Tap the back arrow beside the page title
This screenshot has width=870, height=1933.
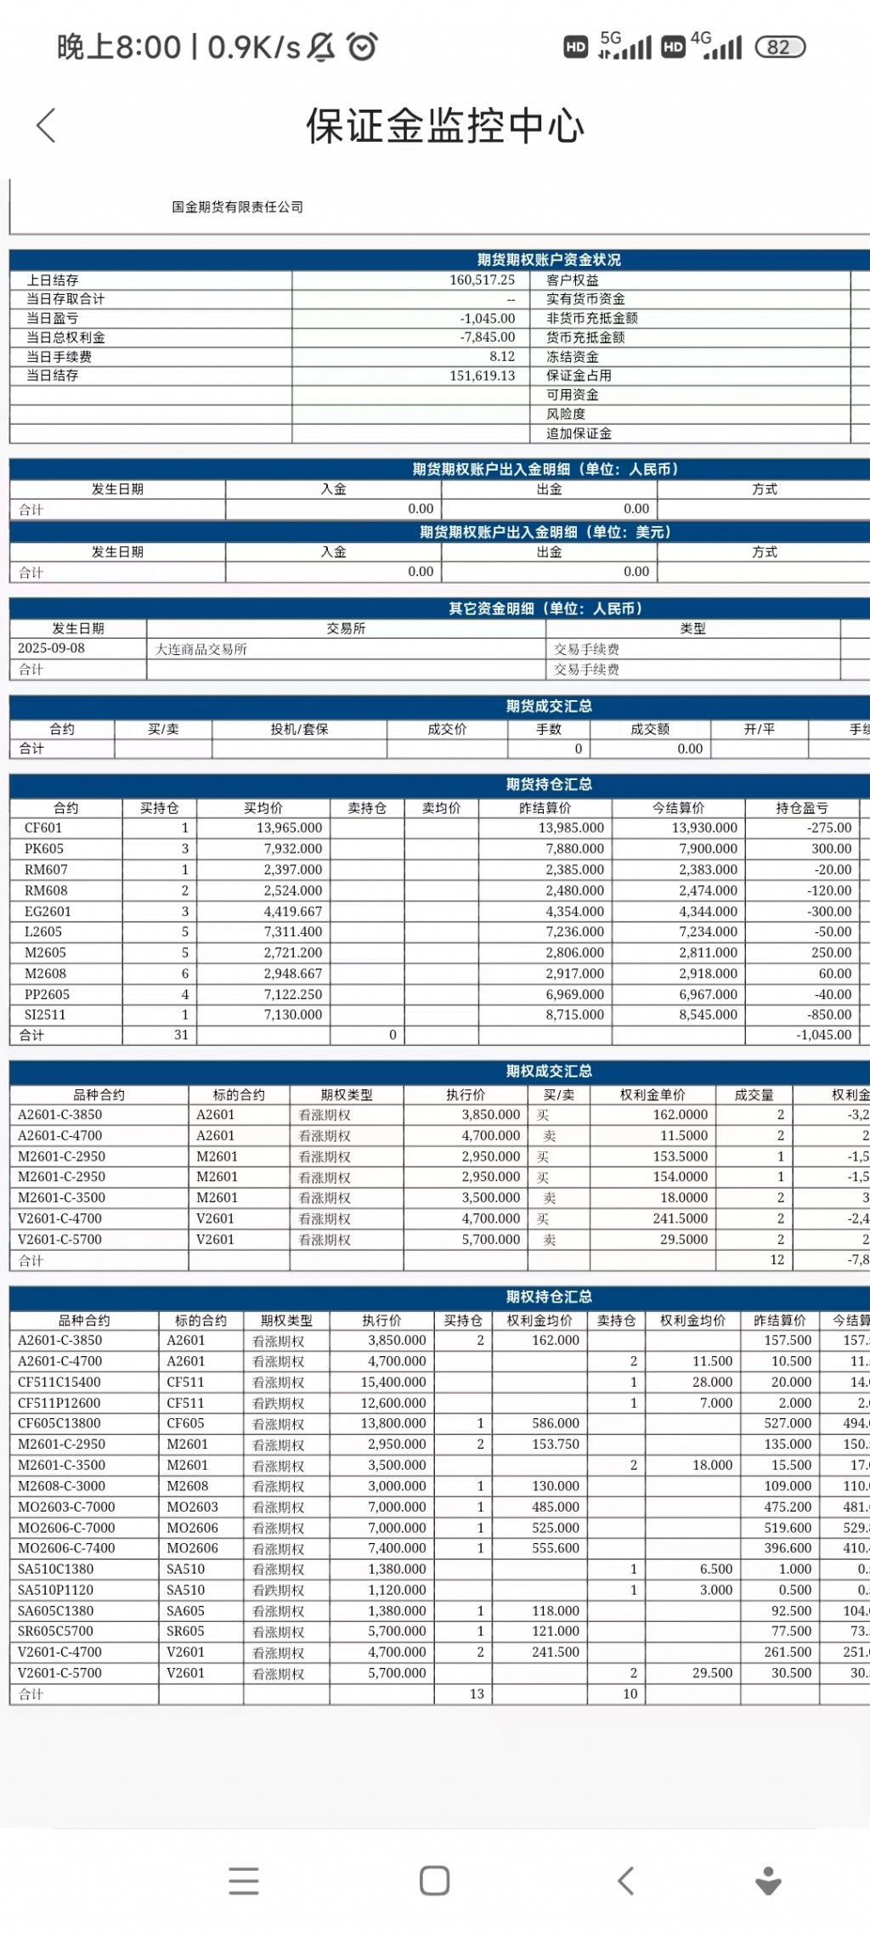click(47, 126)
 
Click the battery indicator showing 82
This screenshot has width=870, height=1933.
click(779, 47)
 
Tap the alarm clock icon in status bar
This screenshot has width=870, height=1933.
click(362, 46)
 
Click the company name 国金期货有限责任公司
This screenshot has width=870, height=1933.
click(237, 207)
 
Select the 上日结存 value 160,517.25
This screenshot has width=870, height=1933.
click(482, 280)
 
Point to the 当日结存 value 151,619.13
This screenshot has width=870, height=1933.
click(482, 376)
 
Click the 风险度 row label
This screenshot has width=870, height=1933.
click(566, 414)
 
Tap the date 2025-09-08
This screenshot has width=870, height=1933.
click(51, 648)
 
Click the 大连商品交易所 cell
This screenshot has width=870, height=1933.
click(201, 649)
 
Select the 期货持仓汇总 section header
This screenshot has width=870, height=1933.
click(549, 784)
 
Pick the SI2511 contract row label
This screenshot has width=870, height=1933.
click(45, 1015)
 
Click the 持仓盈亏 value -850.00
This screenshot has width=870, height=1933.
click(831, 1015)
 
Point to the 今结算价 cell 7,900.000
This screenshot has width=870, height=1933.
click(708, 849)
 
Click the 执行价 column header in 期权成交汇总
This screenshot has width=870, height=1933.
click(466, 1094)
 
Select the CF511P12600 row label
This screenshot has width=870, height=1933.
click(59, 1403)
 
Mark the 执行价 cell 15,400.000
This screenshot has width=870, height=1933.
click(393, 1382)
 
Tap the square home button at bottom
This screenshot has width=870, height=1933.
click(434, 1880)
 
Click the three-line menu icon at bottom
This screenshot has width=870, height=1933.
click(244, 1880)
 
